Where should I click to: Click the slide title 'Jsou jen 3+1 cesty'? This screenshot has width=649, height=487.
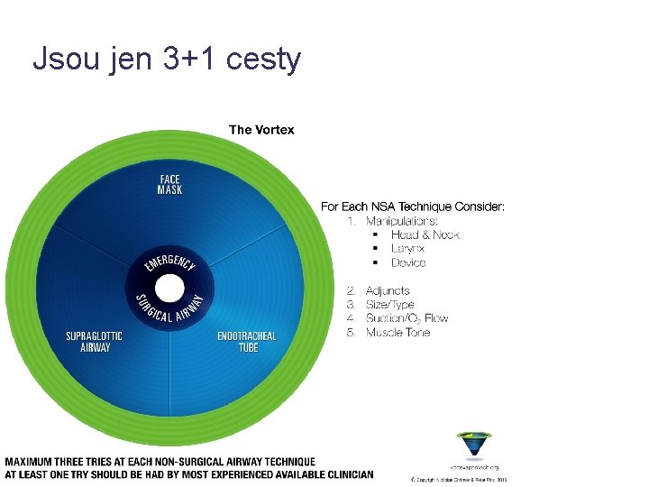pyautogui.click(x=166, y=60)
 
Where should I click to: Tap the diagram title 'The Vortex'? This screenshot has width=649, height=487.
pyautogui.click(x=261, y=130)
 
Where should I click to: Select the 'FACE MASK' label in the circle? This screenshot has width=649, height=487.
pyautogui.click(x=169, y=184)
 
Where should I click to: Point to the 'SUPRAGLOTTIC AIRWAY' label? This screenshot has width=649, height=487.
pyautogui.click(x=94, y=342)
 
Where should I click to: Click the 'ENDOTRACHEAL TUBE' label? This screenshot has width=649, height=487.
pyautogui.click(x=247, y=342)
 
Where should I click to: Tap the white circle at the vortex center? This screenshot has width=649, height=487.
pyautogui.click(x=169, y=289)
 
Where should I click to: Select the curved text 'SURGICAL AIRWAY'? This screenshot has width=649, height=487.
pyautogui.click(x=169, y=316)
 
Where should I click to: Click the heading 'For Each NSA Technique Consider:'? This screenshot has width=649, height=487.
pyautogui.click(x=413, y=207)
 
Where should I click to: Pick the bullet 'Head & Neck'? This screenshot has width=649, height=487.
pyautogui.click(x=425, y=234)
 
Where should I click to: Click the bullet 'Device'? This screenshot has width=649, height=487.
pyautogui.click(x=408, y=262)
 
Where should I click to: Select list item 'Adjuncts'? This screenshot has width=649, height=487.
pyautogui.click(x=388, y=290)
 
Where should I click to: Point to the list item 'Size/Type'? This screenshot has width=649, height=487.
pyautogui.click(x=389, y=305)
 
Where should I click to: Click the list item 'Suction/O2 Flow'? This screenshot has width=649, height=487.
pyautogui.click(x=407, y=318)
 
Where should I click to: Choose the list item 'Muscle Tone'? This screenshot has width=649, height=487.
pyautogui.click(x=398, y=332)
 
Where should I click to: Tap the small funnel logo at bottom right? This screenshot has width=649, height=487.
pyautogui.click(x=474, y=446)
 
